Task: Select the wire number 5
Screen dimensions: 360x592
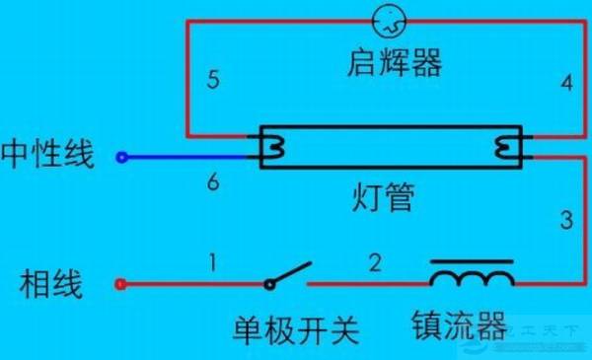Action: point(213,80)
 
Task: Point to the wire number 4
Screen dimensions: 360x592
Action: point(565,83)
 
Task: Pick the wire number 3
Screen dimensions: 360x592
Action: point(565,220)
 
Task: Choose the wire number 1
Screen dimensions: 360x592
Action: point(212,262)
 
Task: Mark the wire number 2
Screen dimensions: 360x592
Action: point(374,262)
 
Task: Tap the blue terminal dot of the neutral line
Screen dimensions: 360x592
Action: point(121,156)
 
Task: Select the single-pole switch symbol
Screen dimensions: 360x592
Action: point(290,274)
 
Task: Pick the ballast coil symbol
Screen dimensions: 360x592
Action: point(472,273)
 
